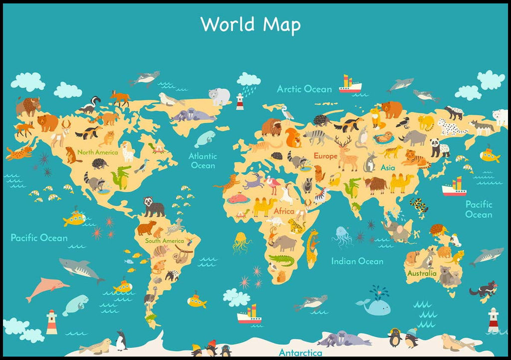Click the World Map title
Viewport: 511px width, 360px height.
(251, 24)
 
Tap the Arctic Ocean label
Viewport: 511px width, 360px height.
(304, 89)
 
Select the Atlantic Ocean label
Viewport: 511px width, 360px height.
(202, 160)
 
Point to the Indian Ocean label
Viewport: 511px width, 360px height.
(357, 261)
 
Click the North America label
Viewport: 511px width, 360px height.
(97, 152)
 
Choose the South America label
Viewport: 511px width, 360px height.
(165, 241)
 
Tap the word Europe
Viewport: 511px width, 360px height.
(325, 156)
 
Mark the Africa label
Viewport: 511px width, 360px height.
(284, 211)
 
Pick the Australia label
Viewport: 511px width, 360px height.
(422, 273)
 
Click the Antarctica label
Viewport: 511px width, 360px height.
(300, 353)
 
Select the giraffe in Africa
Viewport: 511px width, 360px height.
(312, 247)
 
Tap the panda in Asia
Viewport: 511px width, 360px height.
(440, 147)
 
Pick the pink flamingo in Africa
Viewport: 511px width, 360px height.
(273, 185)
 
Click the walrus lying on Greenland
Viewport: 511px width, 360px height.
(193, 115)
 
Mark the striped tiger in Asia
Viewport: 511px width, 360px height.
(415, 159)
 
